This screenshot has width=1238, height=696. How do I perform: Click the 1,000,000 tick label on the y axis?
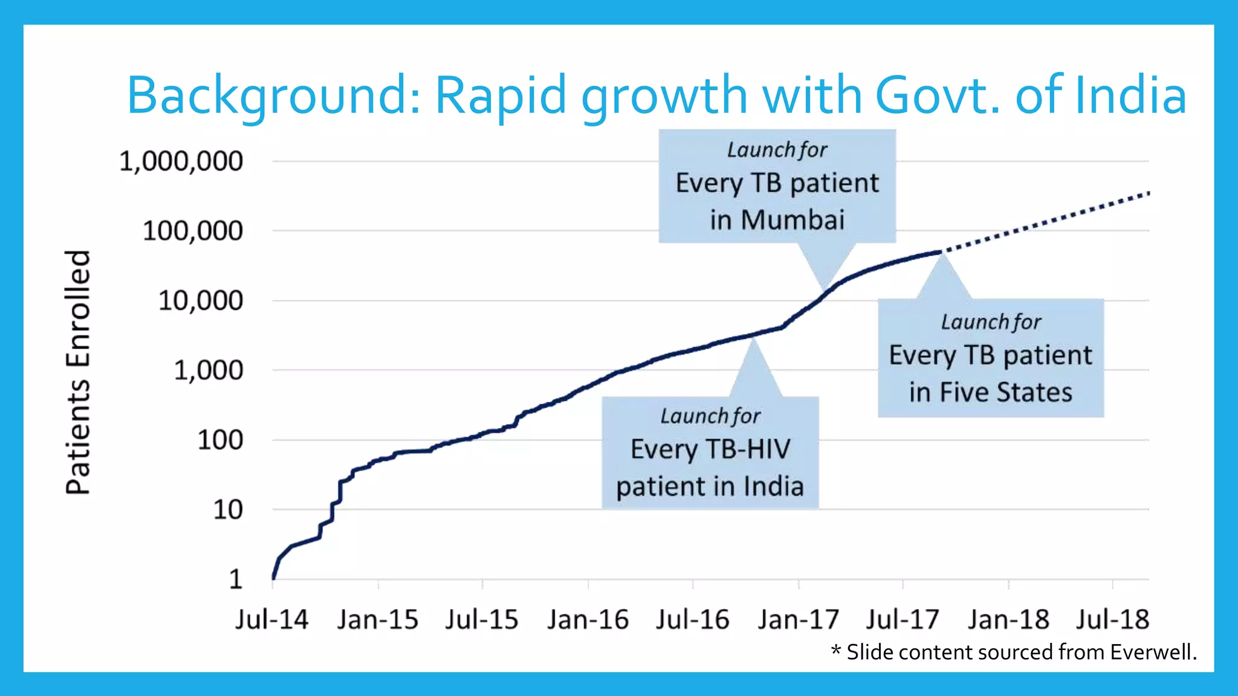(181, 162)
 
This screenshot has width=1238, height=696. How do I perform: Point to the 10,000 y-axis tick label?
(200, 301)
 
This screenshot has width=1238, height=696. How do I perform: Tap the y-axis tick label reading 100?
(220, 440)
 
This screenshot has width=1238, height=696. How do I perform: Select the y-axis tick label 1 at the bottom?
(235, 579)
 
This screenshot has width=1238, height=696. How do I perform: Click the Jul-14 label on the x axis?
(271, 619)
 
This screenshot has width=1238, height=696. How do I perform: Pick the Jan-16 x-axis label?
(588, 619)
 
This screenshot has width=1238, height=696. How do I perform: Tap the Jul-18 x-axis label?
(1112, 619)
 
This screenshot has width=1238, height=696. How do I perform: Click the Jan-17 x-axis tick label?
(798, 619)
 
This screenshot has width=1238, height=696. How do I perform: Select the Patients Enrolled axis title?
(79, 372)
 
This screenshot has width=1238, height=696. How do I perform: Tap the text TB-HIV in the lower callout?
(747, 449)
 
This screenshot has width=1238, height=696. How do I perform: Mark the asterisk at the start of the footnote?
(836, 651)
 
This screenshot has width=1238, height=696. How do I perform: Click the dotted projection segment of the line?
(1046, 222)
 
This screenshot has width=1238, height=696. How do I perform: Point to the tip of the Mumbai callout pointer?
(823, 288)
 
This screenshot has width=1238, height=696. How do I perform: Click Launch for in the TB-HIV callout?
(710, 416)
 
